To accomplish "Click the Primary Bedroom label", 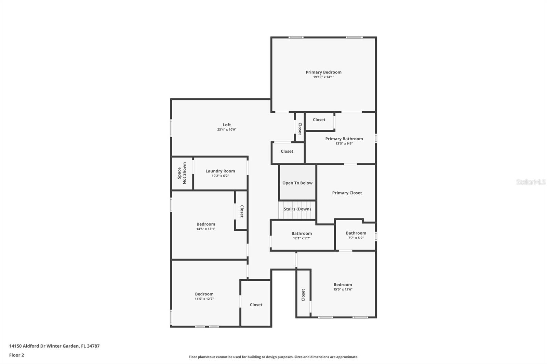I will (323, 72).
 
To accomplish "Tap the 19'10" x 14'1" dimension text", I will (323, 77).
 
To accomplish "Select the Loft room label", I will (227, 125).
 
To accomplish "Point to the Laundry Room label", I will (220, 171).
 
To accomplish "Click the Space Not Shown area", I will (182, 173).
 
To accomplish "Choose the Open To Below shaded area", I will (297, 183).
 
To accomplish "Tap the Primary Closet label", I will (347, 193).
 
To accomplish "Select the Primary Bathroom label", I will (344, 139).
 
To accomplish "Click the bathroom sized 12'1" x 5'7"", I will (302, 236).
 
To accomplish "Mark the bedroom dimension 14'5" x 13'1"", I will (206, 229).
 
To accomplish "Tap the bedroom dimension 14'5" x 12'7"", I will (204, 299).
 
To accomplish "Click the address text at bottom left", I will (54, 346).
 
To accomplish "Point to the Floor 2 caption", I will (16, 355).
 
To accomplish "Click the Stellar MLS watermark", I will (531, 182).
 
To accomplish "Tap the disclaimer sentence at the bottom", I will (273, 357).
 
